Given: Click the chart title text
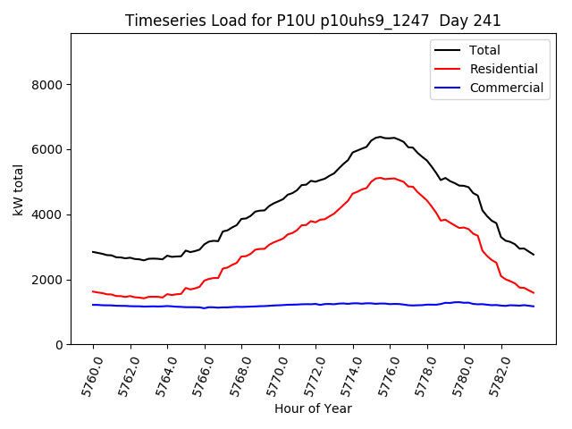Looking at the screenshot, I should pos(313,21).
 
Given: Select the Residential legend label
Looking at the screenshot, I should pos(503,69).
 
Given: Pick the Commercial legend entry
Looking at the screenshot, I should pos(506,88).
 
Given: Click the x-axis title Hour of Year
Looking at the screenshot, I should pos(313,408).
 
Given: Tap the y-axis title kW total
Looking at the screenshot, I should pos(18,189).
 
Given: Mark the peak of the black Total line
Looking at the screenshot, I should pos(381,137).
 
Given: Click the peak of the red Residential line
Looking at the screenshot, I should pos(380,177).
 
